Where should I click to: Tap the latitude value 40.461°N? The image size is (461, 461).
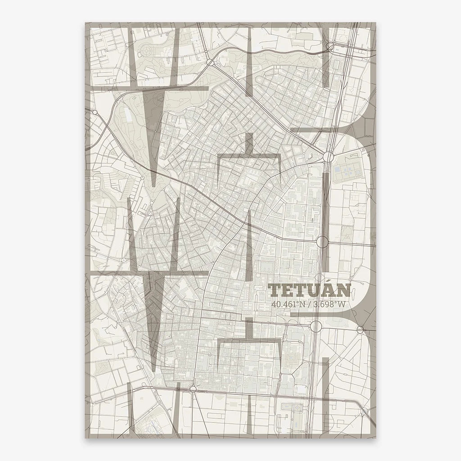(288, 304)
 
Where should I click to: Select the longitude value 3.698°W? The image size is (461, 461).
(330, 304)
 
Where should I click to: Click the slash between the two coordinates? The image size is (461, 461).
(310, 304)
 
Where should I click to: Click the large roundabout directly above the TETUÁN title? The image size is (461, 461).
(322, 242)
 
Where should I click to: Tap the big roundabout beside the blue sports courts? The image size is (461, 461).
(328, 157)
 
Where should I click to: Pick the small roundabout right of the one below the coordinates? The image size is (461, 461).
(360, 330)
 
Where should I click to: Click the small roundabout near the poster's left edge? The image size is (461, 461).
(95, 112)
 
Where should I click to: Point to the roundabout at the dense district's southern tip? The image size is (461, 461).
(193, 389)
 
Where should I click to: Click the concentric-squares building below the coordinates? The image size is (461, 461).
(290, 359)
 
